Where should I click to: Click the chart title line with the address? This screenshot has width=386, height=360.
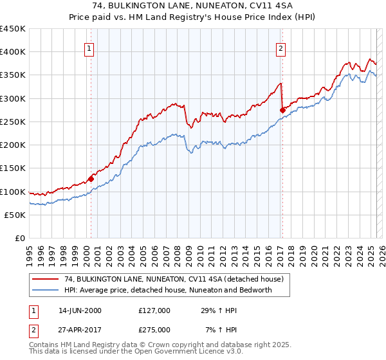[x=193, y=6]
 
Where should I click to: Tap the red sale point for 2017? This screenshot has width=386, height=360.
[x=282, y=111]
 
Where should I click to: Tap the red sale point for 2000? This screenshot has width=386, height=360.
[x=91, y=179]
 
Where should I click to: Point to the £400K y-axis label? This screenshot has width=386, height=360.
[x=13, y=52]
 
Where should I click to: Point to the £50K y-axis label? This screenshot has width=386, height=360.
[x=15, y=215]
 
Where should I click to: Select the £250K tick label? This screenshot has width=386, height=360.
[x=13, y=122]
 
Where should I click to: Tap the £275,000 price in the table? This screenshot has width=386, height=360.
[x=154, y=330]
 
